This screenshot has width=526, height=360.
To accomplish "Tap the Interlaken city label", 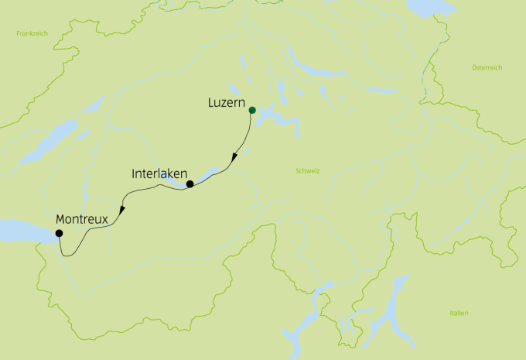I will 157,174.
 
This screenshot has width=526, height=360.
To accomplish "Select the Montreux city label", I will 82,220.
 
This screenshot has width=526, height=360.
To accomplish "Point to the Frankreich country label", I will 30,34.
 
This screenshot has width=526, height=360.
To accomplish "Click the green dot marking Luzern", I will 252,110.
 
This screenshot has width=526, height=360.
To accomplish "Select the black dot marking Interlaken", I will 190,183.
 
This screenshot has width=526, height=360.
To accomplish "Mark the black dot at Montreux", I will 59,233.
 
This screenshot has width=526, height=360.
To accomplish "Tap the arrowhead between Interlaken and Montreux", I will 122,210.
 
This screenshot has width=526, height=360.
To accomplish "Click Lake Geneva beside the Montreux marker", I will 23,230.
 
